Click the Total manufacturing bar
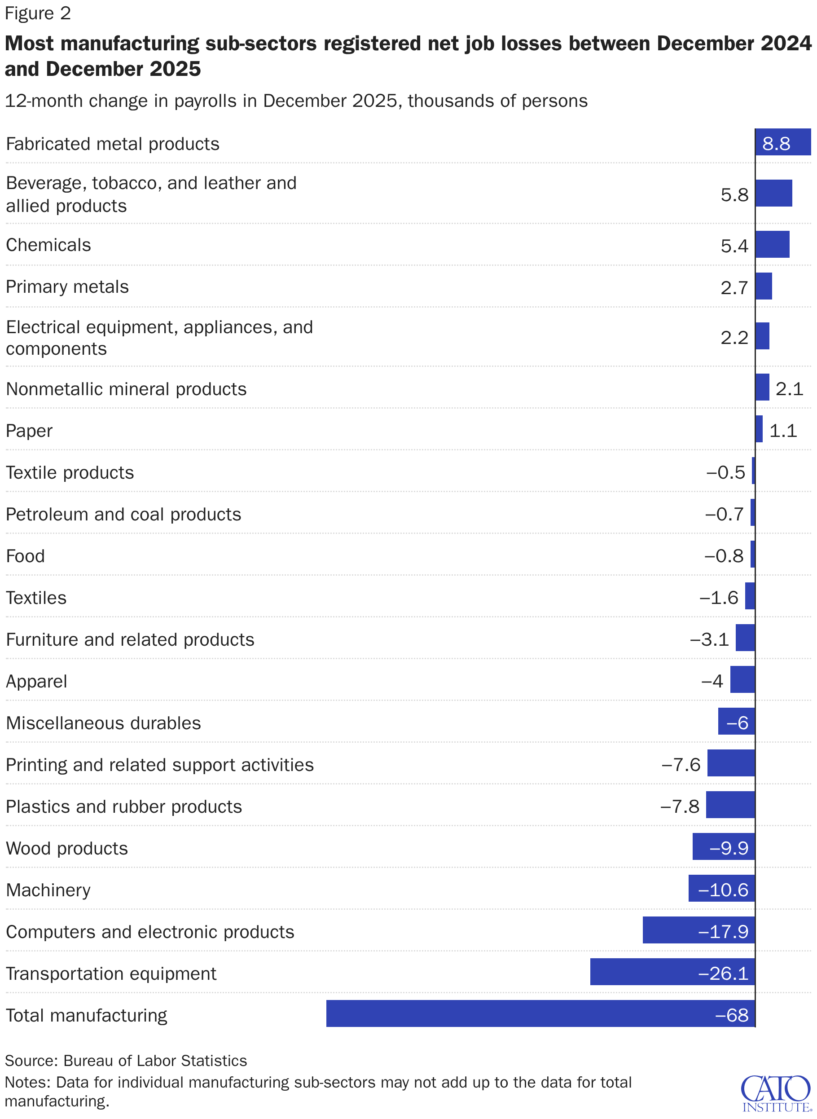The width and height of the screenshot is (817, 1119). (x=540, y=1013)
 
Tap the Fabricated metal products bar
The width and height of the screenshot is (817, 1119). (x=782, y=142)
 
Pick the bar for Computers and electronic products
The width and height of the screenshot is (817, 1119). (x=698, y=930)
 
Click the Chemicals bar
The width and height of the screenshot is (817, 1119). (x=772, y=244)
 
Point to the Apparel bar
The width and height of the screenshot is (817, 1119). (x=742, y=680)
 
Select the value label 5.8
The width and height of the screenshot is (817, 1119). (x=734, y=195)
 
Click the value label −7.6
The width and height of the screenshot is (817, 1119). (x=681, y=765)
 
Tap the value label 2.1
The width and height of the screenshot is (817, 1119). (x=789, y=389)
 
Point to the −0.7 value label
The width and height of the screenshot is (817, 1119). (x=724, y=515)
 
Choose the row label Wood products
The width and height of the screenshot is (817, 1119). (x=67, y=848)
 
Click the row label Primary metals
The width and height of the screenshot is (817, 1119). (x=67, y=287)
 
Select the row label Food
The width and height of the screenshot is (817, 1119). (x=25, y=556)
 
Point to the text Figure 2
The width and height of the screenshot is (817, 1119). (x=38, y=13)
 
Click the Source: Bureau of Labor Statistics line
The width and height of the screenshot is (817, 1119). (x=126, y=1061)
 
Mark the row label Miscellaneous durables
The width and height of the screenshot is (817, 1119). (x=103, y=723)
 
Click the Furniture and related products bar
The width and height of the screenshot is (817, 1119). (x=745, y=638)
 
